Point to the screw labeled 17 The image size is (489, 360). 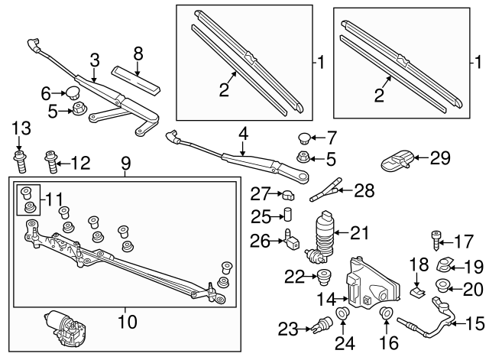click(x=438, y=242)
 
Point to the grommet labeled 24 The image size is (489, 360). click(x=342, y=316)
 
